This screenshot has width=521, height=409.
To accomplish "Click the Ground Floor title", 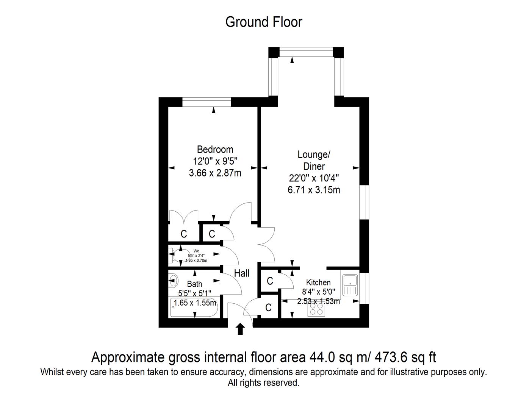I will click(x=263, y=22).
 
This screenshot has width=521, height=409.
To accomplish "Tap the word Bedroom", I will click(x=215, y=149).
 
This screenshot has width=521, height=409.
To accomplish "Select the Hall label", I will click(x=241, y=273).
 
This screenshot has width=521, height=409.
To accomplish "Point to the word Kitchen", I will click(x=318, y=283).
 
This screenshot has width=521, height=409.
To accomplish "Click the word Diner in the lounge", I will click(x=314, y=166).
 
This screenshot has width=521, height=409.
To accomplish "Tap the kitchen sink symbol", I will click(x=350, y=285).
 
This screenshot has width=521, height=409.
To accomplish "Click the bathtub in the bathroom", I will click(x=194, y=308).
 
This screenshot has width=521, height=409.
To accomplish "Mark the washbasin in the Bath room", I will click(x=173, y=281).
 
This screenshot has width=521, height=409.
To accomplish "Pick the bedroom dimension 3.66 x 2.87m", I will click(x=215, y=173).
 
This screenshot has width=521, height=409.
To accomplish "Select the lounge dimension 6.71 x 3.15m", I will click(x=314, y=190).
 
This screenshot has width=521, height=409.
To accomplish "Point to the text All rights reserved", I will click(x=263, y=383).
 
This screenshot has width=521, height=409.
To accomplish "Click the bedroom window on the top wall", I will click(x=207, y=102).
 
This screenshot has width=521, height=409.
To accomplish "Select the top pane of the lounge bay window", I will click(x=306, y=52).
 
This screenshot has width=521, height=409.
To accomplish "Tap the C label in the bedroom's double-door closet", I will click(x=184, y=234).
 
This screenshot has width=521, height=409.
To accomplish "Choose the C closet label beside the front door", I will click(x=268, y=308).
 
